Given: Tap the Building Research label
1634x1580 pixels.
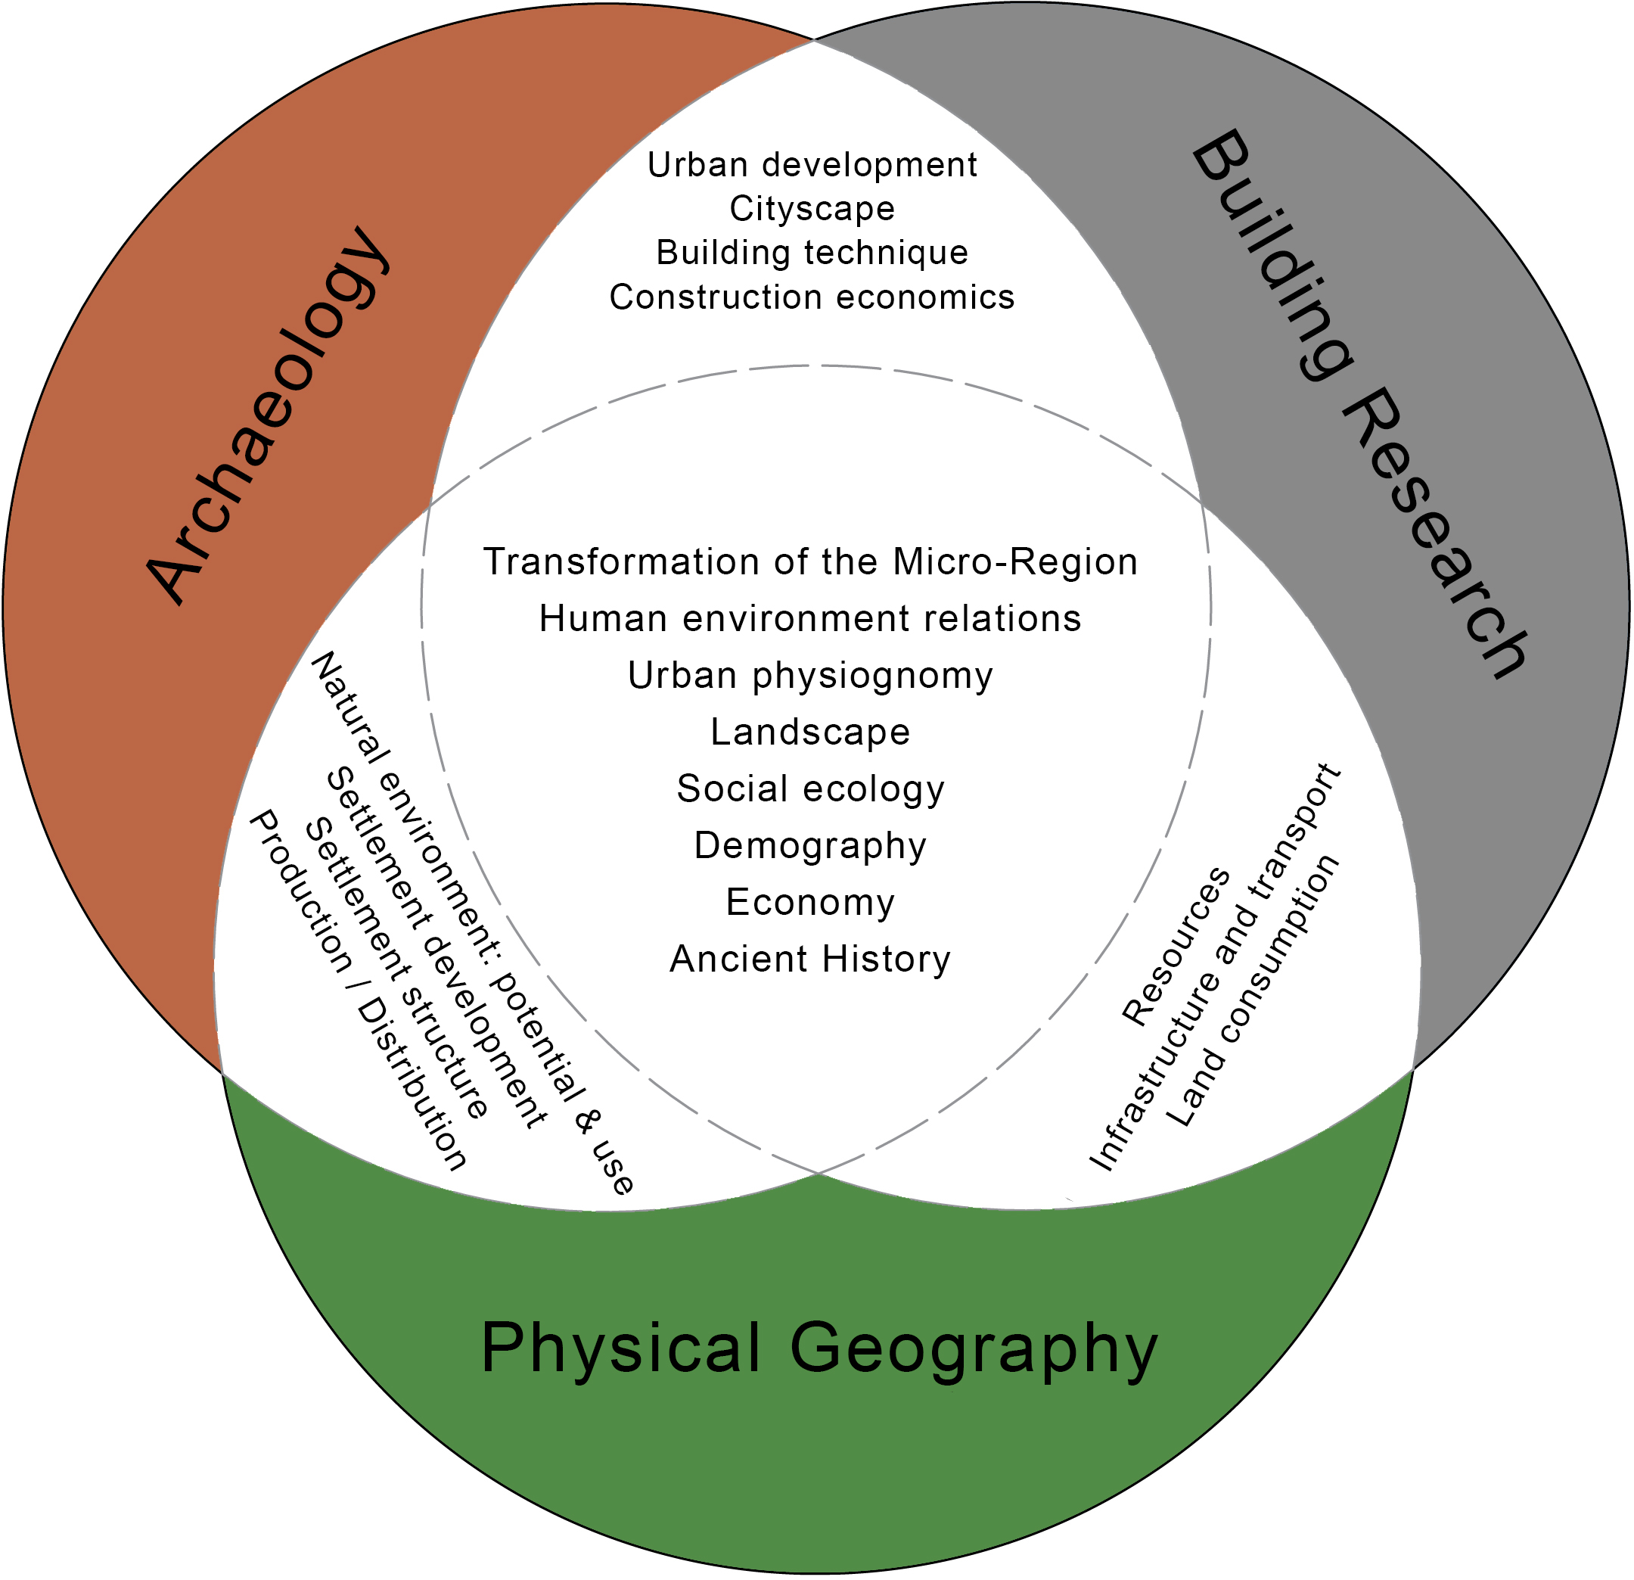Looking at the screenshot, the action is click(x=1359, y=403).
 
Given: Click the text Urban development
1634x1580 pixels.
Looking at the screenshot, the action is click(x=812, y=165).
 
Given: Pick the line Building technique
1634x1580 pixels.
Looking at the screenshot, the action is click(x=812, y=253).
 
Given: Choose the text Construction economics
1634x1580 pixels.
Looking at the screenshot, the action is click(x=812, y=297).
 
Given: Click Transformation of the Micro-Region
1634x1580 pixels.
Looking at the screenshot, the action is click(x=810, y=562).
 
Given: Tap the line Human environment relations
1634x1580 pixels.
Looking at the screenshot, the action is click(x=810, y=619).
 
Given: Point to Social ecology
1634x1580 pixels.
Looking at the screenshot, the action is click(x=810, y=789).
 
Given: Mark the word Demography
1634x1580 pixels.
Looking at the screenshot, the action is click(x=810, y=846).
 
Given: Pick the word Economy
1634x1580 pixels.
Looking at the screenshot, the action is click(x=810, y=903).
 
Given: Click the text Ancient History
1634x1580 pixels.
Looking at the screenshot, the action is click(x=810, y=960).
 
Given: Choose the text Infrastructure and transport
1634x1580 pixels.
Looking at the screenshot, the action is click(x=1216, y=968).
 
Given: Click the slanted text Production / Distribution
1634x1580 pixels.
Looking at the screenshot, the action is click(x=358, y=990).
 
